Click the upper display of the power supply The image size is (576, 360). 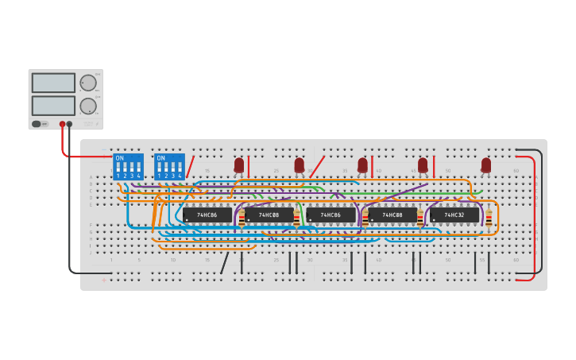click(53, 83)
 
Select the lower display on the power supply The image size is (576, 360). click(53, 105)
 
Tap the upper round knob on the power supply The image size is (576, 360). click(88, 83)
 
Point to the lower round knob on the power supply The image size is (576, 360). click(88, 106)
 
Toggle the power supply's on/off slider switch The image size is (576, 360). click(37, 124)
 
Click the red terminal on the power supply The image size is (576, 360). click(62, 124)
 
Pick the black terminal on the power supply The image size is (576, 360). click(70, 124)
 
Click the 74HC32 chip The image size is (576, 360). click(454, 215)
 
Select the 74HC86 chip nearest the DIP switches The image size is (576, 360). click(207, 215)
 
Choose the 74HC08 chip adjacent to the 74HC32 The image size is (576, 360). click(392, 215)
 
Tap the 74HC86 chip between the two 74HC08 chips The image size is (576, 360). click(331, 215)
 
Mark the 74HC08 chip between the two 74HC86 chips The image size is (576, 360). click(269, 215)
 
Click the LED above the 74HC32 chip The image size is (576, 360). click(485, 165)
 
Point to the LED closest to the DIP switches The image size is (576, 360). click(238, 165)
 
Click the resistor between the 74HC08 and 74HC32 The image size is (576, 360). click(420, 217)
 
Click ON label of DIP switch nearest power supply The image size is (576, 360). click(120, 158)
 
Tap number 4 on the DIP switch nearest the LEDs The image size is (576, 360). click(180, 175)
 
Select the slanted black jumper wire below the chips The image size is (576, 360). click(225, 262)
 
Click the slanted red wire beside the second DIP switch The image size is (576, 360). click(190, 167)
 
